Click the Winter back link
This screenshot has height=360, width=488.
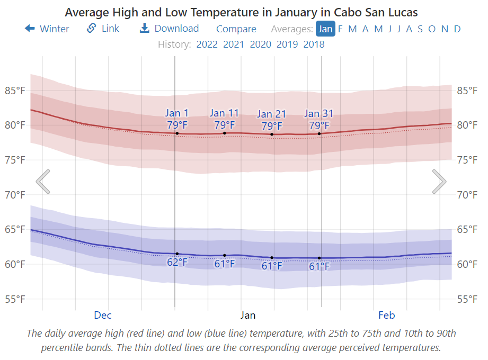click(x=47, y=29)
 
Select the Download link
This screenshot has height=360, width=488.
click(x=170, y=29)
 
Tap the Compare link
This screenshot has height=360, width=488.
click(x=236, y=29)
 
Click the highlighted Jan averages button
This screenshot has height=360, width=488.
click(x=325, y=29)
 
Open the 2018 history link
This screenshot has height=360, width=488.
click(x=314, y=44)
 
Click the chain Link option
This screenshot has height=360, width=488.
click(x=103, y=29)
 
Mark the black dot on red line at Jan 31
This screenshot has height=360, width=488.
click(x=320, y=133)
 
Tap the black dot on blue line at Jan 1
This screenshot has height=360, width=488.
click(x=177, y=254)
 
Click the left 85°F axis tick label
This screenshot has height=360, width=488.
click(x=15, y=91)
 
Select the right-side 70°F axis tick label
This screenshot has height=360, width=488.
click(x=467, y=195)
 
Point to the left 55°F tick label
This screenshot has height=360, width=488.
click(x=15, y=299)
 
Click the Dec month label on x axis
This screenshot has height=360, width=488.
click(x=103, y=316)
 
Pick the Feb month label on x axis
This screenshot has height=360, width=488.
click(x=386, y=316)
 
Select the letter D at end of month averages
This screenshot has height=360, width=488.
click(x=457, y=29)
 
